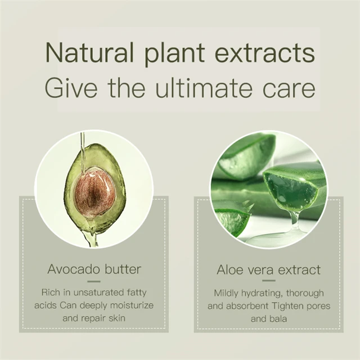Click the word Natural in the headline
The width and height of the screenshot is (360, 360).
coord(89,52)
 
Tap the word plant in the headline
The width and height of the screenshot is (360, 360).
coord(174,54)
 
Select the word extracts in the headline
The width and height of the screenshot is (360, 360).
coord(265,52)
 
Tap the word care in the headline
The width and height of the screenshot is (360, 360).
coord(289,90)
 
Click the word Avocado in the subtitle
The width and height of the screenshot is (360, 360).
coord(74,269)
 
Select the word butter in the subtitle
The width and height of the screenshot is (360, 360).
coord(123,269)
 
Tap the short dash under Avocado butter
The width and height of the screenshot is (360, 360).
coord(94,281)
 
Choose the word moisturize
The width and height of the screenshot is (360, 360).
coord(132,305)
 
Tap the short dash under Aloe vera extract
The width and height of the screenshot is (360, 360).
coord(269,281)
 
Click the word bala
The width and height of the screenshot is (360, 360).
coord(278,319)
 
